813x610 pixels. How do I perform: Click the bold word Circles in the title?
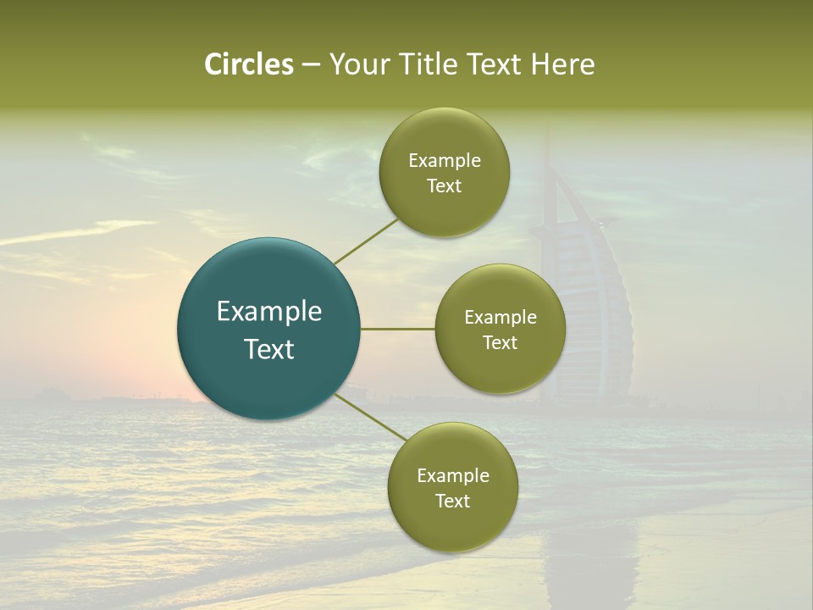(249, 64)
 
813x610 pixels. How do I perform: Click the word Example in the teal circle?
(269, 312)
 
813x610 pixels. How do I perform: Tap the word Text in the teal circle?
(269, 349)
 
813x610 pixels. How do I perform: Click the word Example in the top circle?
(445, 161)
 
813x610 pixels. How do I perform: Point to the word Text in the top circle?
(445, 186)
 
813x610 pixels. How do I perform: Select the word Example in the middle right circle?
(501, 318)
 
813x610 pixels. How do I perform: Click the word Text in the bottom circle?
(453, 501)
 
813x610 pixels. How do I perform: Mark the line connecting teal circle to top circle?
(366, 241)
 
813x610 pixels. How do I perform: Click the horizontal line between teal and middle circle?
(398, 329)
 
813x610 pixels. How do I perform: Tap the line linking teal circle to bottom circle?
(373, 417)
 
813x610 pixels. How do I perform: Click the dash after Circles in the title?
(310, 65)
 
